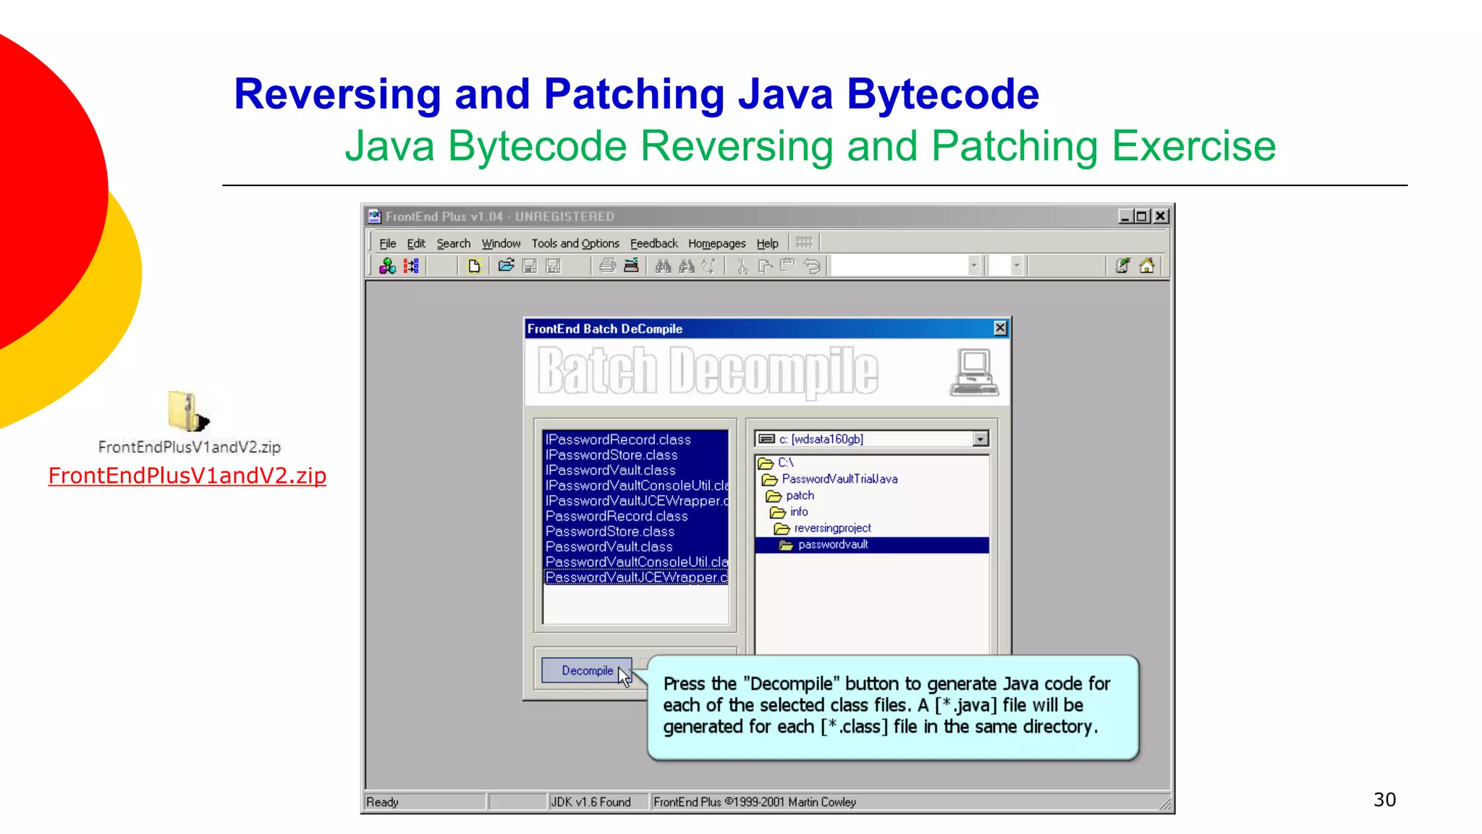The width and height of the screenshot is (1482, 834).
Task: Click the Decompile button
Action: [587, 670]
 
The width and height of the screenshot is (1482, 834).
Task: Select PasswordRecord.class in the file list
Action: [617, 516]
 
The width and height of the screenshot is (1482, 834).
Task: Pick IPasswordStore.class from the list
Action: [611, 455]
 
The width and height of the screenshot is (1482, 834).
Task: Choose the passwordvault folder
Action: [832, 544]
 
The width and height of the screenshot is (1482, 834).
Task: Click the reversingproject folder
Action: [832, 528]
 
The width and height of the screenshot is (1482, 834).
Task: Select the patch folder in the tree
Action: [800, 496]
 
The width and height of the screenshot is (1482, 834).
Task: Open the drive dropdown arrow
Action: [981, 439]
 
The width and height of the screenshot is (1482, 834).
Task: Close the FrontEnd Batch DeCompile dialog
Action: [1000, 329]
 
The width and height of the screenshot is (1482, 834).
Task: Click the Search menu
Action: [453, 244]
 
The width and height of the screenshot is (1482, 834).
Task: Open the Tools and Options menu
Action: [575, 244]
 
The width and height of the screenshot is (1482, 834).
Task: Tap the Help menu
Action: [767, 244]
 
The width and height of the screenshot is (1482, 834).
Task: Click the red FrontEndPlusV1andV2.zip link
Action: [187, 476]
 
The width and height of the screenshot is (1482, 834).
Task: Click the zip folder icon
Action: [187, 410]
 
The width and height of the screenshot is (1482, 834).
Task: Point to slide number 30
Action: [1384, 800]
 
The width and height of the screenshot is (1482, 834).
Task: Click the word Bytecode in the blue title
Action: [943, 95]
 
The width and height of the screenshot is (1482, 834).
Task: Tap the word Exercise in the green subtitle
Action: [1193, 146]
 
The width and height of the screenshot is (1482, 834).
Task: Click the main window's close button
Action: [1161, 216]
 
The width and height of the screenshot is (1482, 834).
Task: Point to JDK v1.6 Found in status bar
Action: [590, 802]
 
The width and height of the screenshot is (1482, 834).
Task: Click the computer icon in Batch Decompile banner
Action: [974, 372]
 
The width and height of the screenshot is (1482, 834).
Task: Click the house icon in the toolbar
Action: [1147, 266]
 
